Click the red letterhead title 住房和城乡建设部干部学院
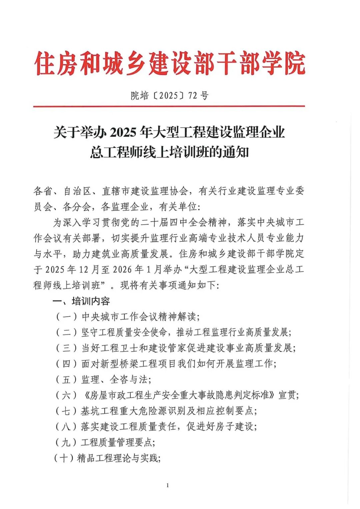pyautogui.click(x=170, y=63)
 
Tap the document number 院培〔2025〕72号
pyautogui.click(x=169, y=96)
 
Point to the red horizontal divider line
pyautogui.click(x=169, y=106)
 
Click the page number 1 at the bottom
pyautogui.click(x=167, y=485)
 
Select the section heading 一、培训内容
pyautogui.click(x=81, y=301)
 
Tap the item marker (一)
pyautogui.click(x=67, y=317)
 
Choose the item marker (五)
pyautogui.click(x=67, y=379)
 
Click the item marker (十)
pyautogui.click(x=63, y=458)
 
